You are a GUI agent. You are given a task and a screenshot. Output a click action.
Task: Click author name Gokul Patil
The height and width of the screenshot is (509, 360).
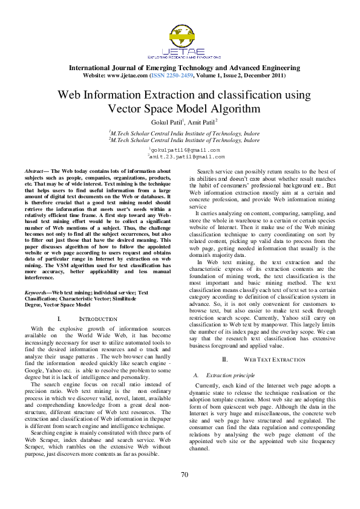coord(161,123)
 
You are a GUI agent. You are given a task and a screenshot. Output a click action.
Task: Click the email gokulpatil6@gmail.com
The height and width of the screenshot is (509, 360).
coord(185,149)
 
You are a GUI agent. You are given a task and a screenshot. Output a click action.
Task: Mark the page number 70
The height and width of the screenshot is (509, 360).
coord(185,490)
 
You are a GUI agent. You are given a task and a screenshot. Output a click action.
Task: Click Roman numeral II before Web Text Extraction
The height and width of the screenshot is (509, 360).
coord(224,359)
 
